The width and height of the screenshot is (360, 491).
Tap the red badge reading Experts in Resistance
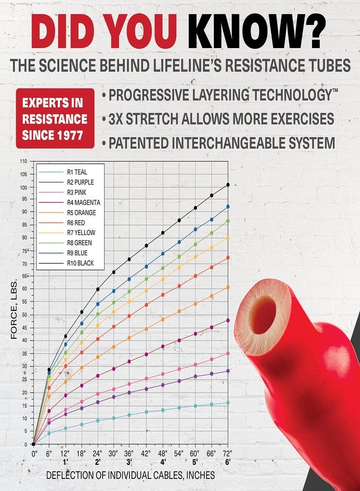tap(55, 118)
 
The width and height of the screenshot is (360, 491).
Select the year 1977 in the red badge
tap(70, 135)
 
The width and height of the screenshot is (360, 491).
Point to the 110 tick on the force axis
tap(24, 161)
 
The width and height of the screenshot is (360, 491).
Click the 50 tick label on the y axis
tap(25, 314)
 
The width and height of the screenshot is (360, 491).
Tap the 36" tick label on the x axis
tap(129, 453)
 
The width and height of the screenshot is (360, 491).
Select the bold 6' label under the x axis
tap(227, 462)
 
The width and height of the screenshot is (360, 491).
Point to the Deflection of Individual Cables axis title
tap(130, 475)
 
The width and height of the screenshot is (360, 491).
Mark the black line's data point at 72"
tap(228, 185)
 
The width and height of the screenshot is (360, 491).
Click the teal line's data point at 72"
tap(228, 403)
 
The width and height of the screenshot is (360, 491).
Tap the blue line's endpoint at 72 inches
tap(228, 207)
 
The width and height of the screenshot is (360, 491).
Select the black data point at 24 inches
tap(98, 289)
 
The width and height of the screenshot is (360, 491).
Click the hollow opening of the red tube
tap(262, 315)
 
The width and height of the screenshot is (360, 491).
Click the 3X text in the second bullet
tap(116, 119)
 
